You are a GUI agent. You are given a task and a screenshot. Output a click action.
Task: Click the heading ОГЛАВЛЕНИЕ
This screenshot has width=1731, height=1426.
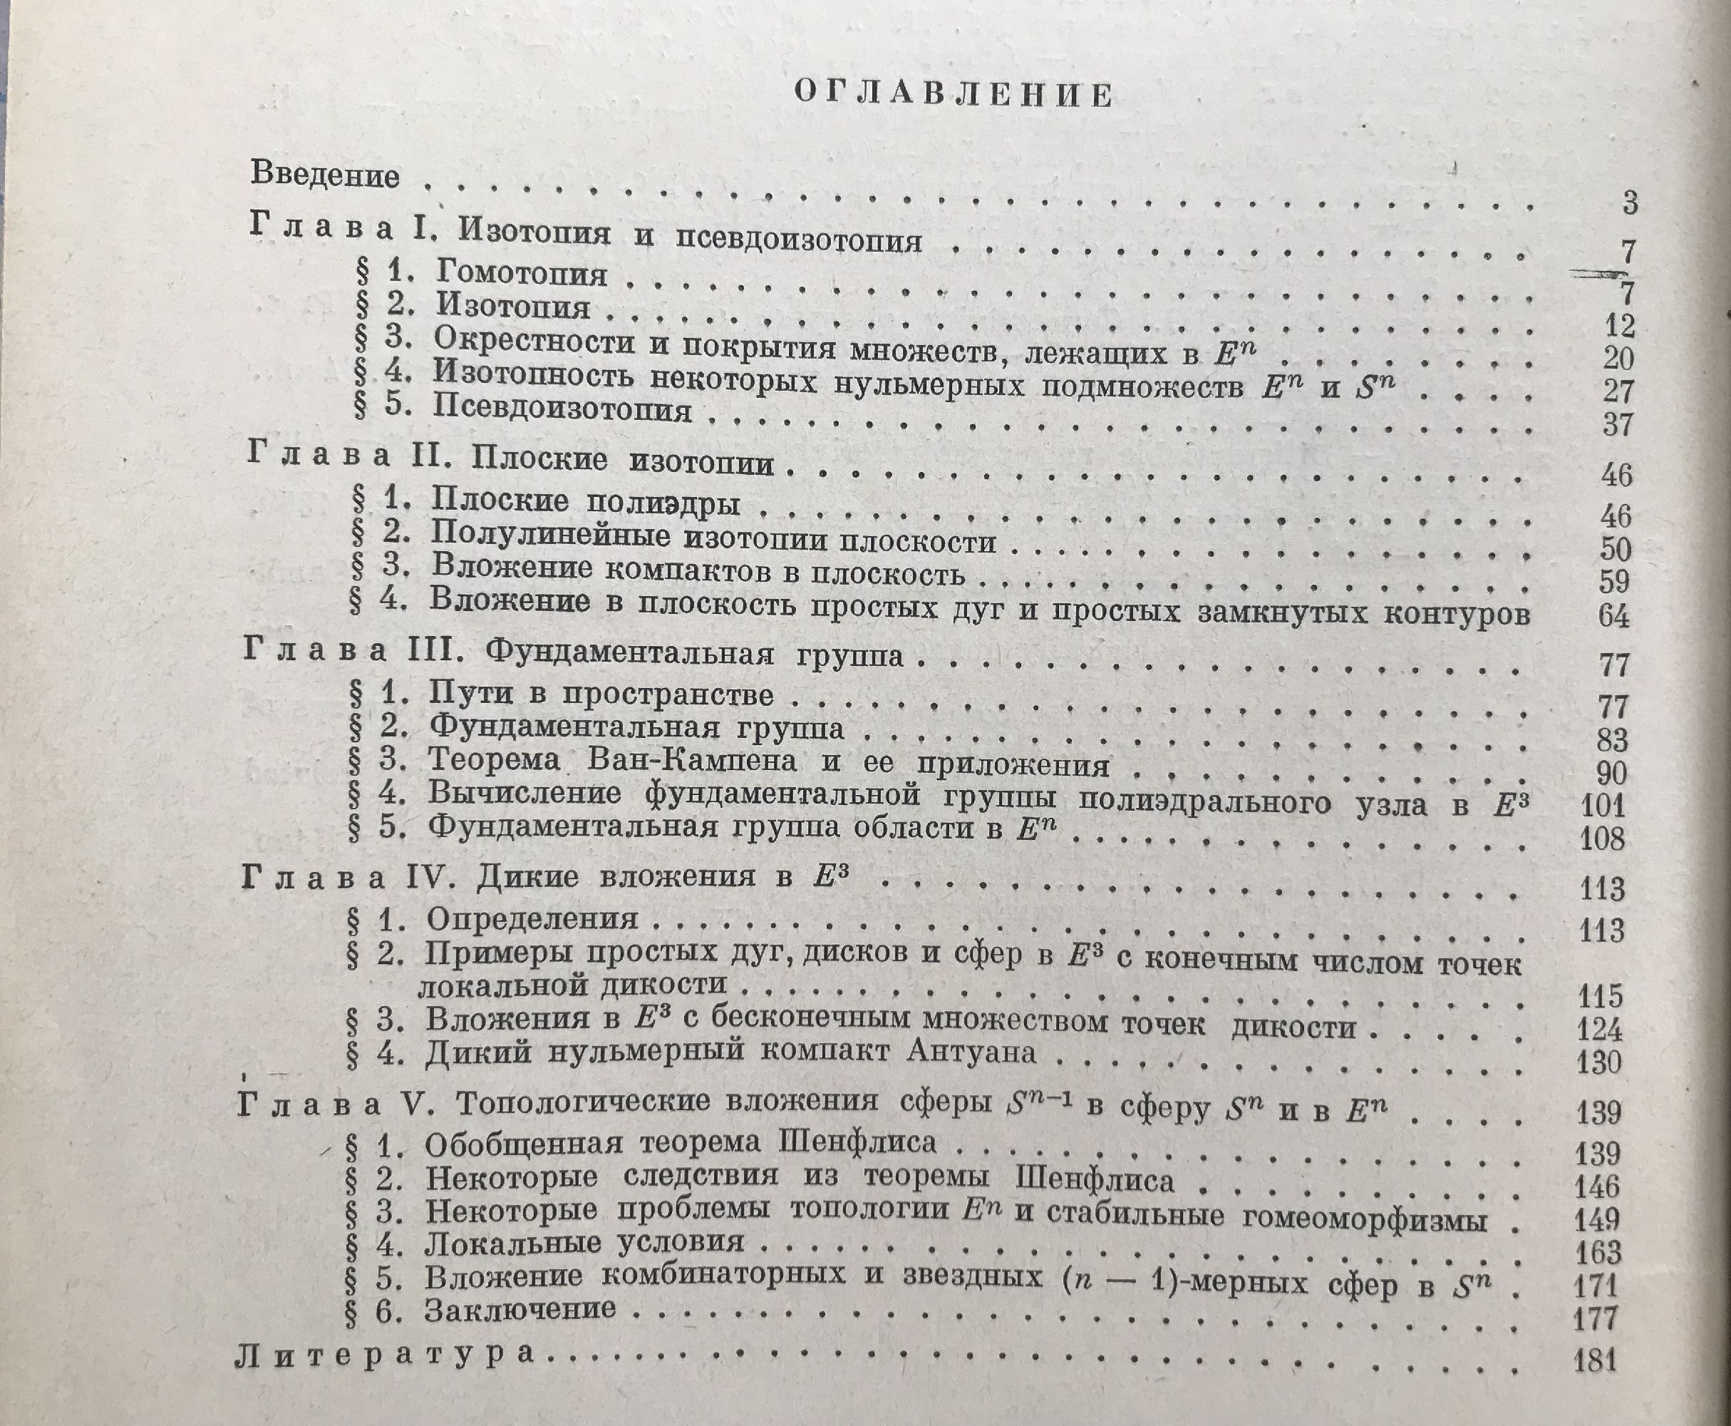[x=954, y=96]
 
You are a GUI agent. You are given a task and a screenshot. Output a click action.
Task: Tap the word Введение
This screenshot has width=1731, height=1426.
[x=325, y=175]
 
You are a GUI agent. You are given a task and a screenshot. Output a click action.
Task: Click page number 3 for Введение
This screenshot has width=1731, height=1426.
[x=1630, y=202]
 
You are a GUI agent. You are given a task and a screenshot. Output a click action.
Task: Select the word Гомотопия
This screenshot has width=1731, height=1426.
[x=522, y=272]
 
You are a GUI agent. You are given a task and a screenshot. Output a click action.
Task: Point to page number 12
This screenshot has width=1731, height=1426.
[x=1618, y=326]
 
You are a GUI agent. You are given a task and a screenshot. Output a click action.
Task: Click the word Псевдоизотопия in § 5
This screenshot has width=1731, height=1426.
[x=562, y=409]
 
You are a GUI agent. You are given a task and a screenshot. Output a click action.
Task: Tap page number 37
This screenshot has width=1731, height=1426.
[x=1618, y=425]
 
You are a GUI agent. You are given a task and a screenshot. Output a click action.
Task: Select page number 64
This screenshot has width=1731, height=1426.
[x=1613, y=615]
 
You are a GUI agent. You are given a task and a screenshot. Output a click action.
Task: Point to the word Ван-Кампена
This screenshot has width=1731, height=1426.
[x=692, y=761]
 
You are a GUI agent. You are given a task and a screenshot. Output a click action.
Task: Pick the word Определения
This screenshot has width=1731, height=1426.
[x=532, y=918]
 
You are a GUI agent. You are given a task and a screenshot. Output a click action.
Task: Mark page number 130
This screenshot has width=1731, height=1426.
[x=1598, y=1063]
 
